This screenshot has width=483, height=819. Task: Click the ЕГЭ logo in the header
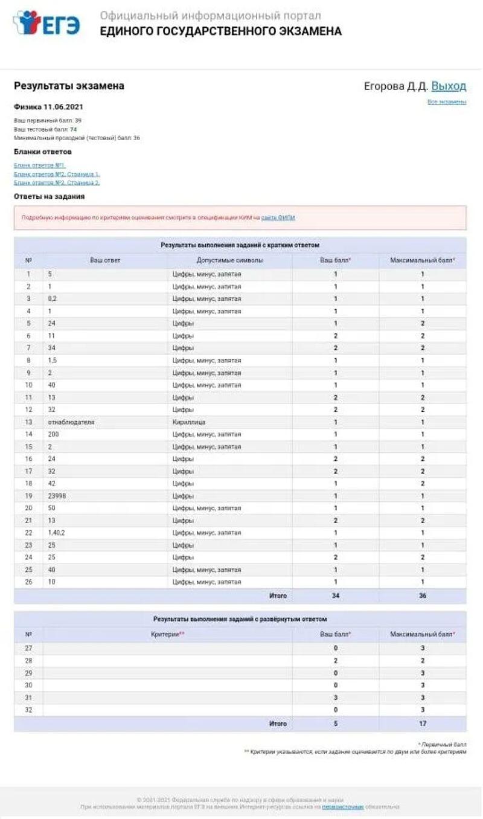tap(46, 24)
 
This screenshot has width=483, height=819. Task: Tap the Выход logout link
tap(449, 86)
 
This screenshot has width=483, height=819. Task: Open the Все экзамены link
tap(447, 102)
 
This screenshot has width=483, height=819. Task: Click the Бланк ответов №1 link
tap(39, 165)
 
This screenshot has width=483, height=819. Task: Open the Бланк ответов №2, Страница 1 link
tap(57, 174)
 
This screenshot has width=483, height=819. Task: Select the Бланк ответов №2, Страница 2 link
tap(57, 182)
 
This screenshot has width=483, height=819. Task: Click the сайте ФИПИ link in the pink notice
tap(278, 217)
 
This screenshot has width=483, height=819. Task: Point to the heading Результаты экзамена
tap(69, 86)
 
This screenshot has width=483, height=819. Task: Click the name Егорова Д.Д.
tap(395, 86)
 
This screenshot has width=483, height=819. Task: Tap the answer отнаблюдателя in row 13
tap(71, 422)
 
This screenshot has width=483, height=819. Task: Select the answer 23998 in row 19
tap(57, 496)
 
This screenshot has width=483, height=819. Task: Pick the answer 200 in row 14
tap(54, 434)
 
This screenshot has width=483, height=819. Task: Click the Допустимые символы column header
tap(229, 261)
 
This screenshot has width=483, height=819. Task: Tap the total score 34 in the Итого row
tap(336, 596)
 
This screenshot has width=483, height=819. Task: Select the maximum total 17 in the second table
tap(423, 724)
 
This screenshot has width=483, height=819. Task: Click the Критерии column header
tap(167, 635)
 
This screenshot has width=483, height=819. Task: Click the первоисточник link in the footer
tap(342, 807)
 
